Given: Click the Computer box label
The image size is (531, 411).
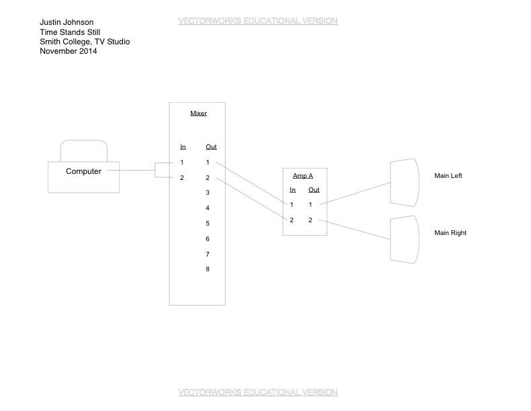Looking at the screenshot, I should click(83, 171).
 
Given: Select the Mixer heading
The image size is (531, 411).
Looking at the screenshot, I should click(198, 113).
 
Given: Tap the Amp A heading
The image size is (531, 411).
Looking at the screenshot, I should click(302, 176).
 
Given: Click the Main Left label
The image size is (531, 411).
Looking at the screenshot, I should click(448, 176).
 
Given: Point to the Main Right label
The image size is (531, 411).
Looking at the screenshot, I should click(450, 233).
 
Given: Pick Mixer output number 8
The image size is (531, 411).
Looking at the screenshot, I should click(208, 269).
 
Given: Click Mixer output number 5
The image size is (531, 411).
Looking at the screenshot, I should click(208, 224).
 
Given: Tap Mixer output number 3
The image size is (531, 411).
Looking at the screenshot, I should click(208, 193).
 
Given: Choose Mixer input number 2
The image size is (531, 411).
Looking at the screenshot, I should click(181, 178).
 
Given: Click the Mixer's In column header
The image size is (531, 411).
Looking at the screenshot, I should click(182, 147).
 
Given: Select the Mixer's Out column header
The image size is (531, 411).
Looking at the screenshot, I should click(211, 147).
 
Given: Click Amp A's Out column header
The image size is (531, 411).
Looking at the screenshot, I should click(314, 190).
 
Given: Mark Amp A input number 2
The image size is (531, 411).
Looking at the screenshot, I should click(292, 220).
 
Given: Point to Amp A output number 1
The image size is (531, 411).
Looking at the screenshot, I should click(311, 205).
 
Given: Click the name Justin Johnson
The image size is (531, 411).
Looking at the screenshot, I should click(67, 22).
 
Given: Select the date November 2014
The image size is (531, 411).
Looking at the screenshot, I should click(68, 51).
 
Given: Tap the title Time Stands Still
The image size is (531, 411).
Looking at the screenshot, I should click(70, 32).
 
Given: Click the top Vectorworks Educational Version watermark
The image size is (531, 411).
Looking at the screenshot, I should click(257, 21).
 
